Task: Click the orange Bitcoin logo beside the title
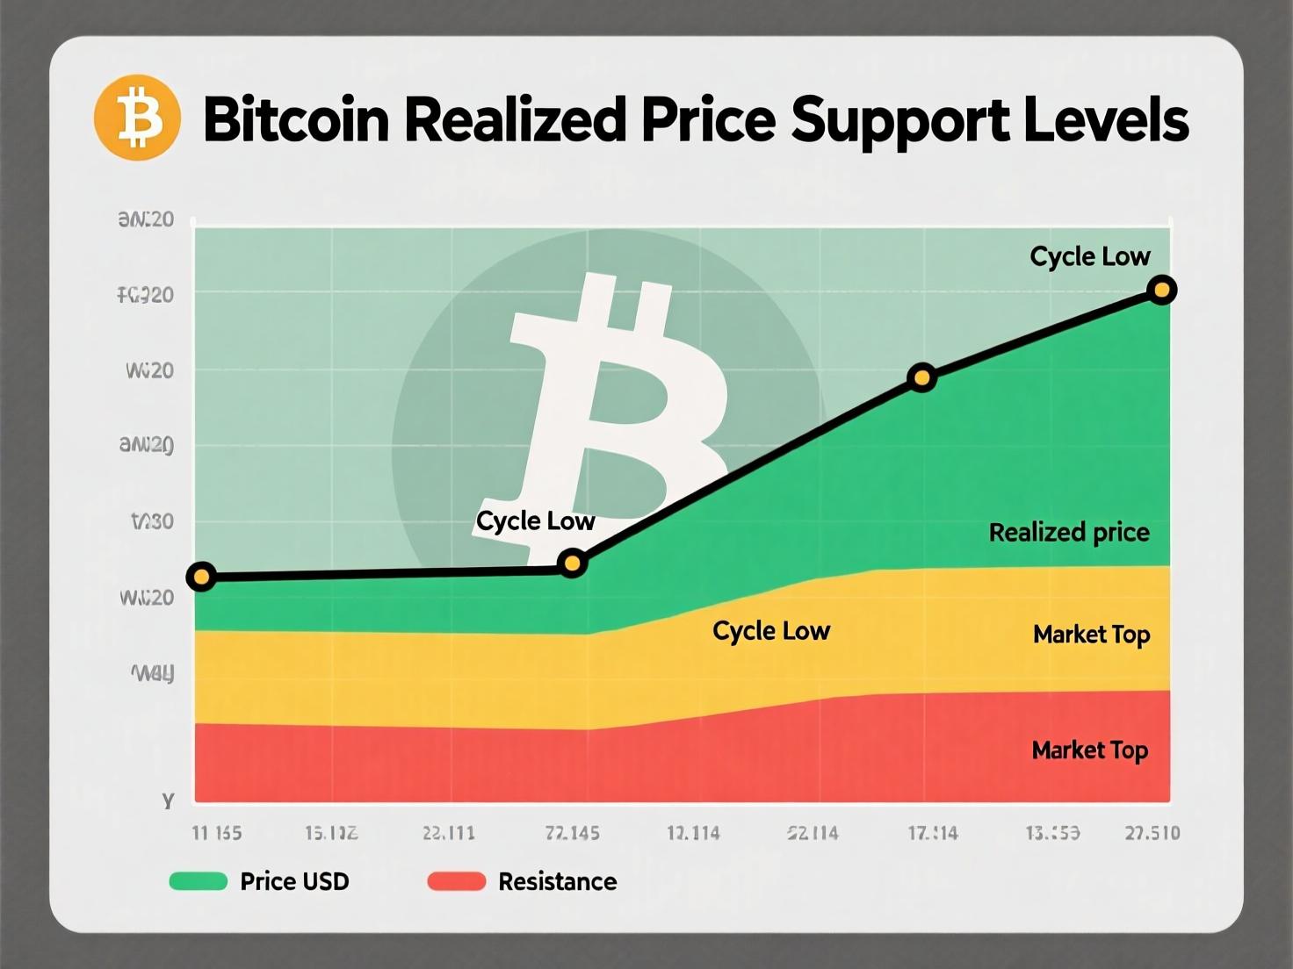(137, 118)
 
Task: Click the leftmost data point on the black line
(201, 577)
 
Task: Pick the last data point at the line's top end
(1161, 290)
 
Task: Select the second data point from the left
(572, 563)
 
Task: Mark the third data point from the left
(921, 378)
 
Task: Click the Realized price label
(1069, 532)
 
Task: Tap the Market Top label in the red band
(1089, 750)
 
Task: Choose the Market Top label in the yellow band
(1091, 634)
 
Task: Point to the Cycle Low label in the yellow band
(770, 631)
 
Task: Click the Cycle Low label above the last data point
(1089, 256)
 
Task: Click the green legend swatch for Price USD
(199, 881)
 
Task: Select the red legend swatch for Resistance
(456, 881)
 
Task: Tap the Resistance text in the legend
(557, 881)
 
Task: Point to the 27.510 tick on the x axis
(1152, 833)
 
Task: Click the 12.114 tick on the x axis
(693, 833)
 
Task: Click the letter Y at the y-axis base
(168, 800)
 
